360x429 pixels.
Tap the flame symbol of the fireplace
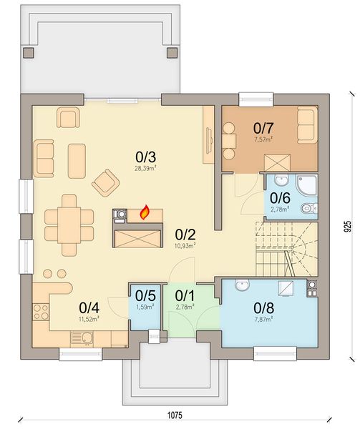tap(145, 212)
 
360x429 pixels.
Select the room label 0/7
tap(263, 128)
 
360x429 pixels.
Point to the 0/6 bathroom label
tap(279, 198)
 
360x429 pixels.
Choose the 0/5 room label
tap(145, 295)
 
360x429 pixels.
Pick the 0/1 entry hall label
tap(184, 295)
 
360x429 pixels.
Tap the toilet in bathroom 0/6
tap(307, 209)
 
